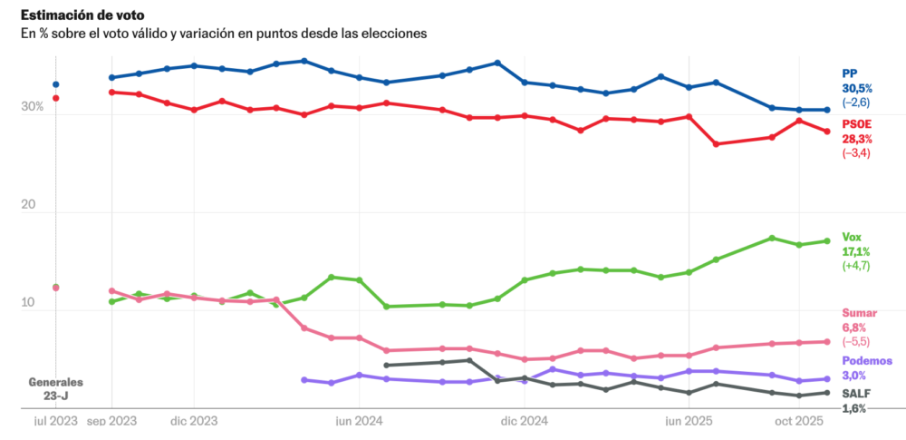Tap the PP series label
coord(850,73)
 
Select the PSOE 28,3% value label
coord(856,139)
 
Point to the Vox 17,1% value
coord(856,251)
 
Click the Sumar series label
coord(859,312)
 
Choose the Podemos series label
coord(867,360)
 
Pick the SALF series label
coord(856,393)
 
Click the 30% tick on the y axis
coord(33,107)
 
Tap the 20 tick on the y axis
coord(34,205)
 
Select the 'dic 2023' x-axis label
coord(194,421)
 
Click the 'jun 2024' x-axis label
coord(360,421)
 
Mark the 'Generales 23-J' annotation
coord(56,388)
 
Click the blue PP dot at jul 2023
coord(56,84)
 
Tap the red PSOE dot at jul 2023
coord(56,98)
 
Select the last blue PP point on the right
coord(826,110)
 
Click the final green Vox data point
coord(826,240)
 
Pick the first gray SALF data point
coord(387,365)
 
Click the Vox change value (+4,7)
coord(857,266)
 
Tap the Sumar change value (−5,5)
coord(857,341)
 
